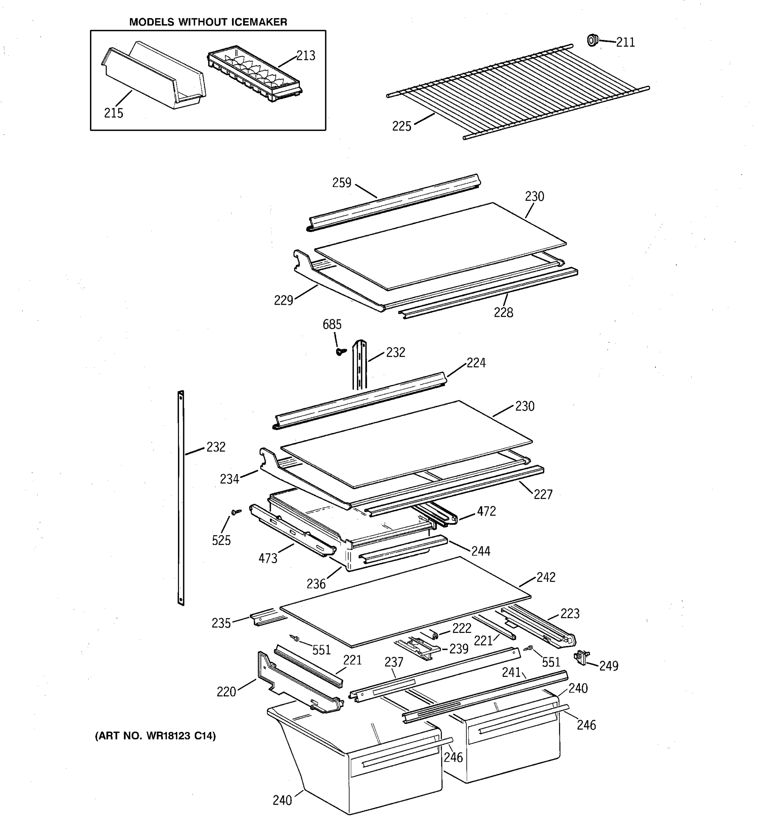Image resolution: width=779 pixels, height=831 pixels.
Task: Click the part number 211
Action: pos(625,42)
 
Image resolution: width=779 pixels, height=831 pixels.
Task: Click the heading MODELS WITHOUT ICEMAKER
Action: pos(208,22)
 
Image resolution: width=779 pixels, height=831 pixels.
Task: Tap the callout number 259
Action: pos(341,183)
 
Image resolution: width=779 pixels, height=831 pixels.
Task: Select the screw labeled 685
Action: pos(341,352)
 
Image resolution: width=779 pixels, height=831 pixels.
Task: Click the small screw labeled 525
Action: pos(236,512)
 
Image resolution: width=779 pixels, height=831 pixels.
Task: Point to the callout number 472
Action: pos(486,511)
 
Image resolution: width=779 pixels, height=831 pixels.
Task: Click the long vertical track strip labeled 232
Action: pos(181,498)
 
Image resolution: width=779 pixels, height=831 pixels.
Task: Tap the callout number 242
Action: pos(545,577)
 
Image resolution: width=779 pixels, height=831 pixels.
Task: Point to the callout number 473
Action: pos(268,558)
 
